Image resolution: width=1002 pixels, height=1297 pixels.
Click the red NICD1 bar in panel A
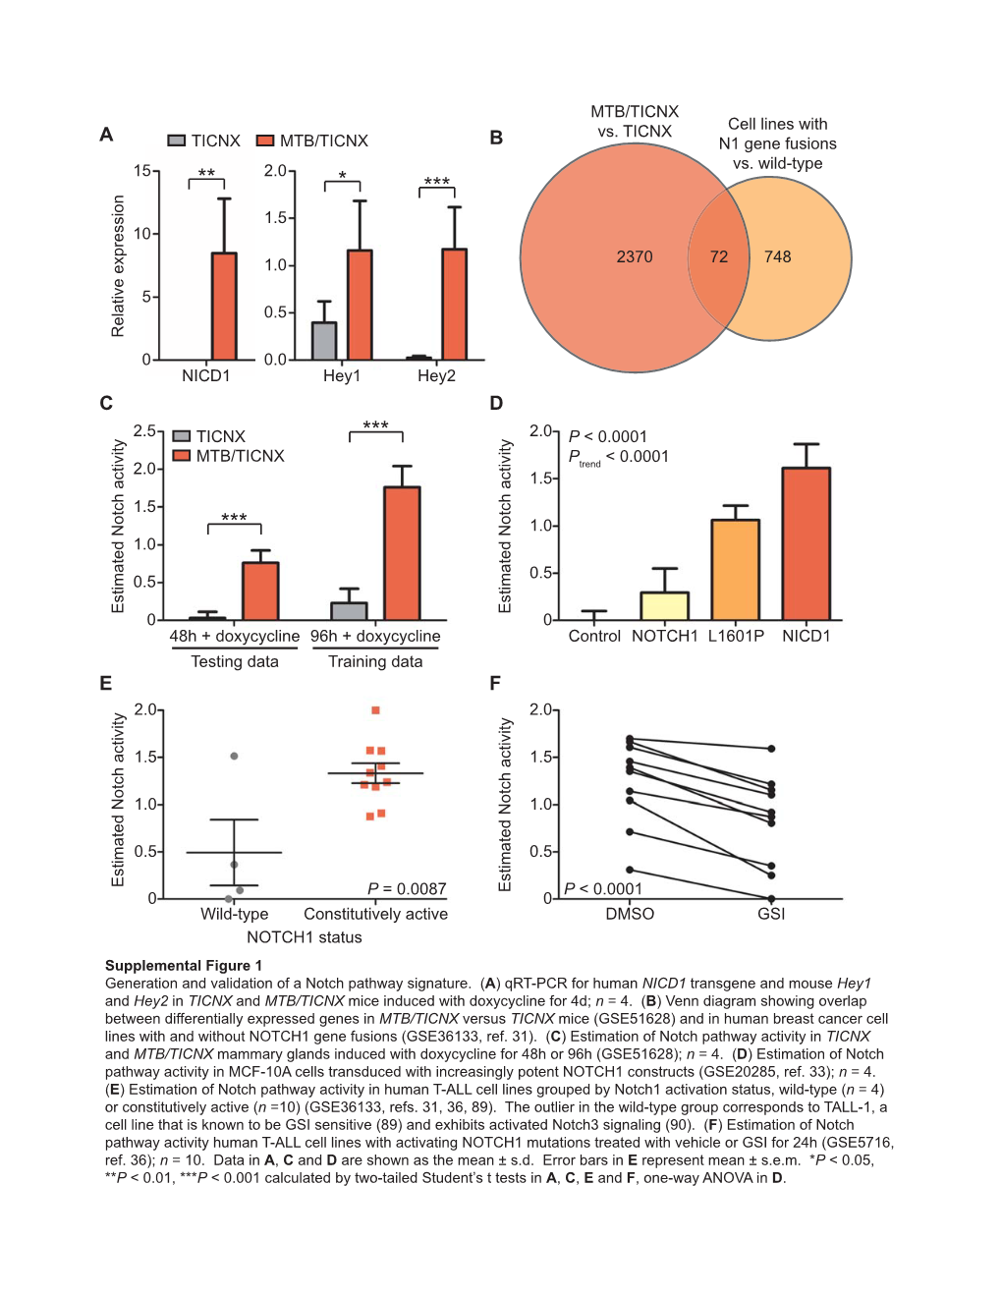click(224, 307)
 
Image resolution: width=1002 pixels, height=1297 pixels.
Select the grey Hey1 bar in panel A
click(324, 341)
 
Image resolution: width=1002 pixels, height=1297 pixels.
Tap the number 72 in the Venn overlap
click(719, 256)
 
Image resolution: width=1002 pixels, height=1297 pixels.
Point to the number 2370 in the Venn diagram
click(635, 256)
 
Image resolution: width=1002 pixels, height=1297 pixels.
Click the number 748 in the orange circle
click(778, 256)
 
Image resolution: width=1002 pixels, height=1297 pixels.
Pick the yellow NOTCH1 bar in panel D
click(665, 605)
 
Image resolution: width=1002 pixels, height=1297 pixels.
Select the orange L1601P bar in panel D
click(736, 570)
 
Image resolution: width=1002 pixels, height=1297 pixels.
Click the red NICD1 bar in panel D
click(807, 543)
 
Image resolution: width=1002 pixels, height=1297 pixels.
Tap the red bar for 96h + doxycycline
click(402, 553)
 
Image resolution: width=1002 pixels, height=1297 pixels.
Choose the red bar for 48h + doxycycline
click(260, 591)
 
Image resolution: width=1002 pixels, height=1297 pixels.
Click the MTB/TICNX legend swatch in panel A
click(265, 141)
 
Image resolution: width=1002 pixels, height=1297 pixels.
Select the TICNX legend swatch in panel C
click(181, 436)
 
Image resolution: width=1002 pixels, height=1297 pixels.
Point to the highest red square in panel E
click(375, 709)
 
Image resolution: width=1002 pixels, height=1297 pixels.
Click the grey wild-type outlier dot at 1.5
click(234, 756)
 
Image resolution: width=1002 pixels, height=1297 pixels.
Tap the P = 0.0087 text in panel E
click(407, 888)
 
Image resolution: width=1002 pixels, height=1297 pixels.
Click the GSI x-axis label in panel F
click(771, 914)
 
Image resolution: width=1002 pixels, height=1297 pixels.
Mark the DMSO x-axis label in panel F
click(630, 914)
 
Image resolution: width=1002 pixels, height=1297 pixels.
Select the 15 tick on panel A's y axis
click(142, 171)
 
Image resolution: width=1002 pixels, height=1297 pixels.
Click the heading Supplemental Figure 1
click(184, 965)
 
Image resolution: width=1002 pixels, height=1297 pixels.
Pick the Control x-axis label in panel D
click(594, 636)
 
